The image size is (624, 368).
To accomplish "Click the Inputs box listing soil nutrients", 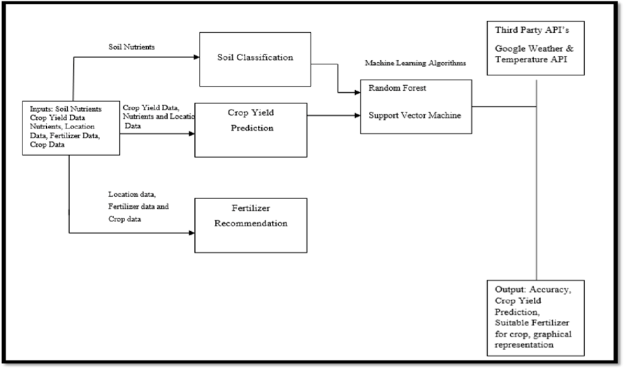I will tap(70, 126).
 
